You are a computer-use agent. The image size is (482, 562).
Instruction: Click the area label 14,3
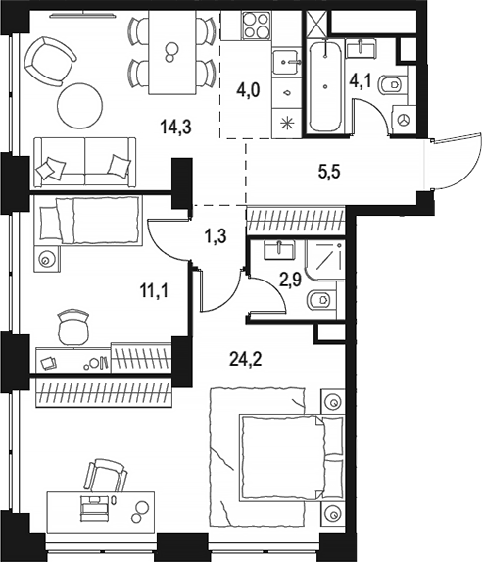[x=175, y=127]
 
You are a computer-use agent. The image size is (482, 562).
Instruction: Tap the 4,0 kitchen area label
[x=248, y=89]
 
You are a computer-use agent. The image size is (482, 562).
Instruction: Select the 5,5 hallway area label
[x=329, y=172]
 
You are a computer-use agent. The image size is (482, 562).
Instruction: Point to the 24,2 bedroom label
[x=246, y=359]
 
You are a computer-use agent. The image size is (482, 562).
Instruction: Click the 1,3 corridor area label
[x=216, y=236]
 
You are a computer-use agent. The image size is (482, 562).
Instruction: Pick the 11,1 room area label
[x=154, y=290]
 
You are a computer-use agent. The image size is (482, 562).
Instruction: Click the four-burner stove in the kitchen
[x=256, y=26]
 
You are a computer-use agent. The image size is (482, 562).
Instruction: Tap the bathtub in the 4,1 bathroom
[x=325, y=86]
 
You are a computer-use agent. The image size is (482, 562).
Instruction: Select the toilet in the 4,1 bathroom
[x=393, y=85]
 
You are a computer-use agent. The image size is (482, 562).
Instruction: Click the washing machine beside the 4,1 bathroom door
[x=405, y=120]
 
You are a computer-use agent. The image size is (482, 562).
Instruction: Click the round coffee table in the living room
[x=80, y=106]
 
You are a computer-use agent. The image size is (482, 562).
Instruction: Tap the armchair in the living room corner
[x=50, y=62]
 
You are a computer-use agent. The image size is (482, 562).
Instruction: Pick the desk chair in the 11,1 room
[x=73, y=327]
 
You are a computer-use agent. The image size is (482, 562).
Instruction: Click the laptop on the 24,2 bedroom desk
[x=94, y=506]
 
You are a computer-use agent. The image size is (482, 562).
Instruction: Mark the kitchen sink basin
[x=286, y=63]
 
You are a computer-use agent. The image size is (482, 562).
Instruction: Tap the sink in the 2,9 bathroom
[x=279, y=249]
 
